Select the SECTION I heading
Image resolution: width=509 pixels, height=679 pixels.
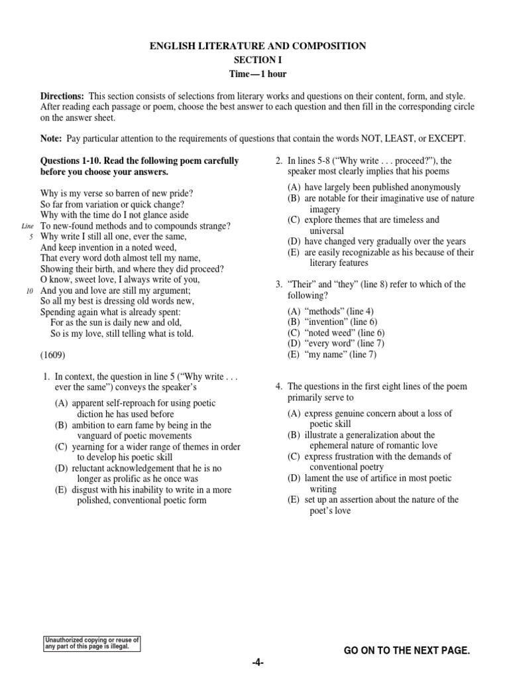tap(254, 60)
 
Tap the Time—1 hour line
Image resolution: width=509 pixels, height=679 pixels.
tap(254, 74)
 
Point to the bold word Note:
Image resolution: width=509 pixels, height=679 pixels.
tap(51, 139)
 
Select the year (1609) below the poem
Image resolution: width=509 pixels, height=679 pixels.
tap(53, 355)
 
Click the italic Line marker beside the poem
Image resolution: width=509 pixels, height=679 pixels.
tap(27, 226)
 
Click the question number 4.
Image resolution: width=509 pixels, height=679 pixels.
tap(280, 387)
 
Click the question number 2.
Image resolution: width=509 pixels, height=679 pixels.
tap(280, 160)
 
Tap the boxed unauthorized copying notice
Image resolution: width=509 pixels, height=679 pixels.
tap(91, 643)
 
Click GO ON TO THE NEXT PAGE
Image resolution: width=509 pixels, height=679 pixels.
tap(406, 652)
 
